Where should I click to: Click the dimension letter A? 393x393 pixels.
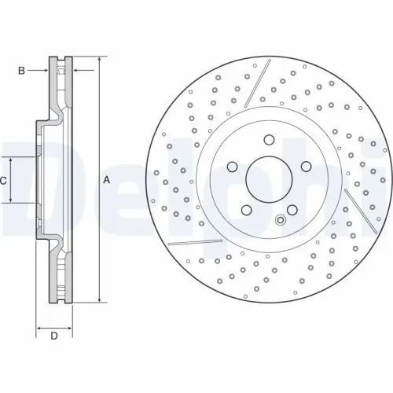click(x=106, y=180)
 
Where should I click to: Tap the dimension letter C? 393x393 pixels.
click(x=3, y=180)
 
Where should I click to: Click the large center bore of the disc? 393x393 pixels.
click(x=266, y=180)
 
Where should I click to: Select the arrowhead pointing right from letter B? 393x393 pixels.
click(x=46, y=71)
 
